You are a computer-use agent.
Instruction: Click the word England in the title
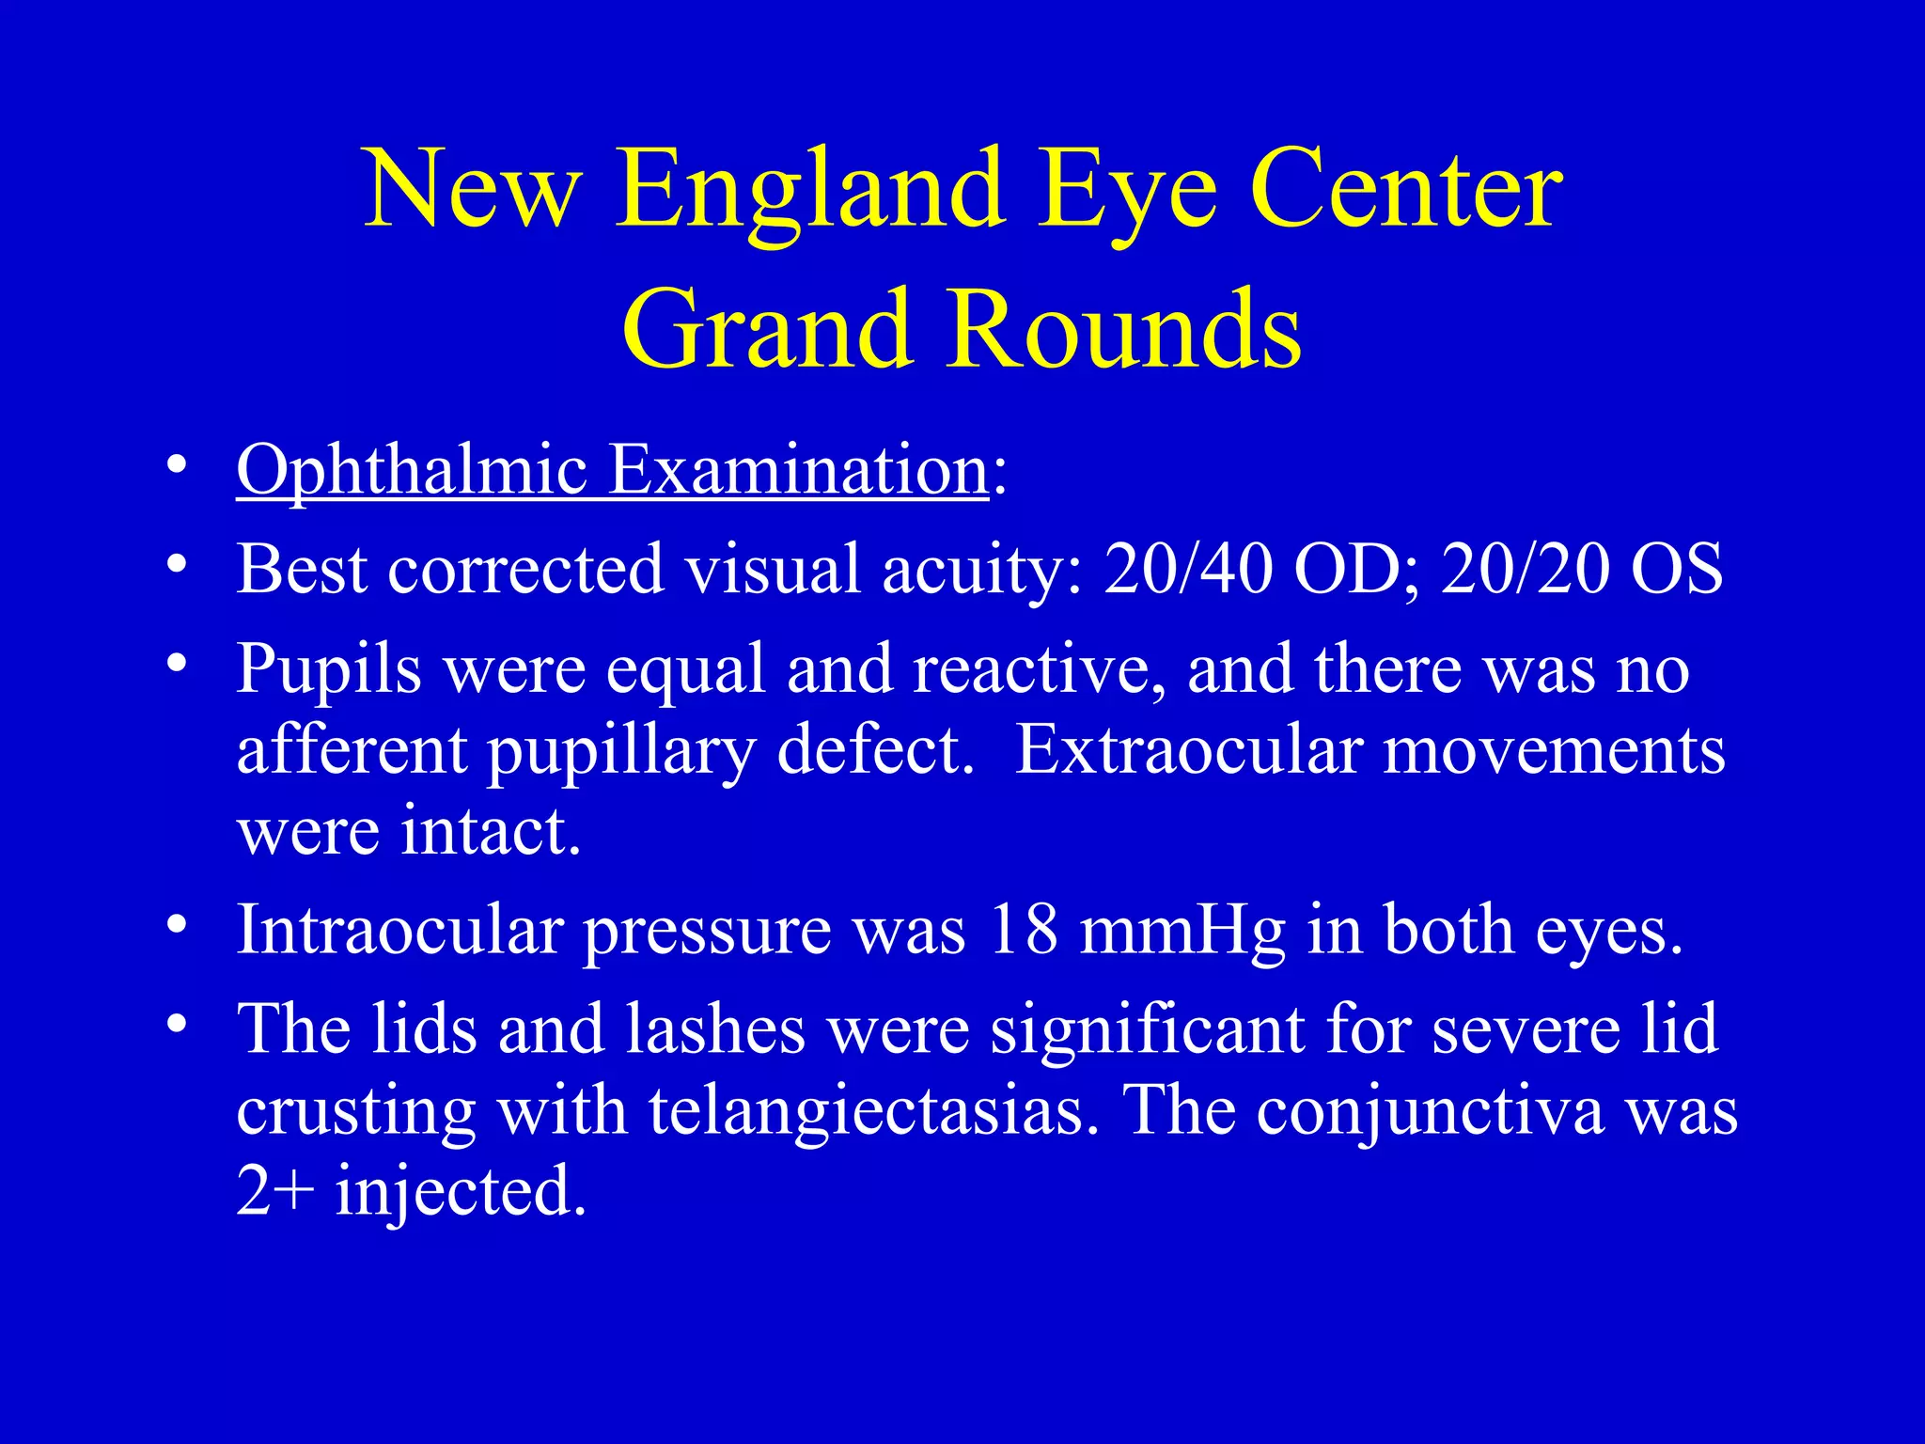(x=810, y=193)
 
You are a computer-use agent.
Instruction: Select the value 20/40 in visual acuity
(x=1188, y=570)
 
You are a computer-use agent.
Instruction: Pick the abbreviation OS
(x=1677, y=570)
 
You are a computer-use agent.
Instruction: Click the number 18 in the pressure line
(x=1023, y=931)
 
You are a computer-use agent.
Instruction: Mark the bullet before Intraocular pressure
(x=176, y=925)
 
